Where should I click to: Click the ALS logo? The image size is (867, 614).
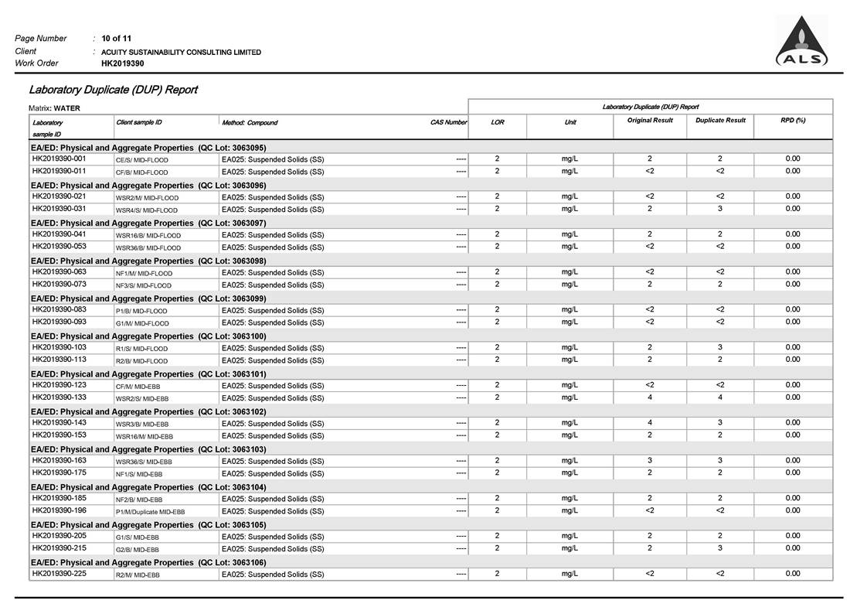[801, 43]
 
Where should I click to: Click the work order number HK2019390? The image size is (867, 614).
[122, 63]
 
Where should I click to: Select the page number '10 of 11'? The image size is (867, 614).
[117, 38]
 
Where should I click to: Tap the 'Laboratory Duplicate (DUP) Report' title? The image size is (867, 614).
[113, 90]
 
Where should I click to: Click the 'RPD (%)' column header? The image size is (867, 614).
[793, 121]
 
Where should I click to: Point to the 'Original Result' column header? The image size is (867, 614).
[650, 121]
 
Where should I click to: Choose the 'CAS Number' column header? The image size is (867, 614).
[448, 122]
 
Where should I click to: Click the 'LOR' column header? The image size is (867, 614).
[498, 122]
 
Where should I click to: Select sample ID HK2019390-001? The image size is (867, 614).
[59, 159]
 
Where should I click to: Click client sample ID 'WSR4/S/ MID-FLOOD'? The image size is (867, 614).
[147, 210]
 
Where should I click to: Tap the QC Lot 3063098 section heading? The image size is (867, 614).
[148, 261]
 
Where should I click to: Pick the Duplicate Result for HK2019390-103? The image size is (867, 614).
[720, 347]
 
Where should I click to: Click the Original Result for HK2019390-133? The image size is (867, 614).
[650, 397]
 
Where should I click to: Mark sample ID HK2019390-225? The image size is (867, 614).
[59, 574]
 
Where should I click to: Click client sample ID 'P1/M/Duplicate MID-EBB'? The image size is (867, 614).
[151, 511]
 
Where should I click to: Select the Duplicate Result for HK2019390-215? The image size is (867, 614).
[720, 548]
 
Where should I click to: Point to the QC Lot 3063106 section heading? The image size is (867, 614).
[148, 562]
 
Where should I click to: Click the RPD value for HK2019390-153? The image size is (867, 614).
[793, 435]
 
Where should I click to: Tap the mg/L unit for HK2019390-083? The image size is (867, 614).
[570, 309]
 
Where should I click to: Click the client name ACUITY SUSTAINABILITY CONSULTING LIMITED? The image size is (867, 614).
[181, 52]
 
